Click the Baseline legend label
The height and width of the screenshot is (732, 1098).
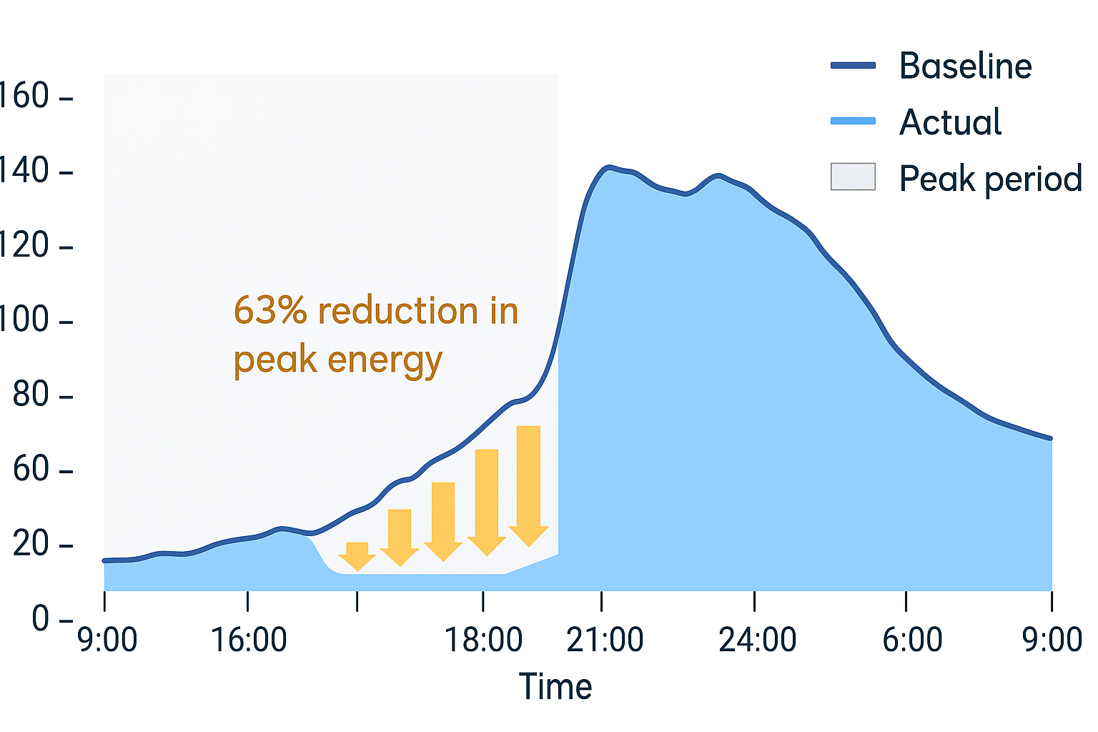(965, 66)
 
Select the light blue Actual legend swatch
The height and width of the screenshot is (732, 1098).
(853, 122)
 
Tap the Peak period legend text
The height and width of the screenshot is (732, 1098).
(990, 179)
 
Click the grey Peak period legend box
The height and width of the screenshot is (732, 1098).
(853, 177)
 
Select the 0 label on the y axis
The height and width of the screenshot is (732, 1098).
(41, 618)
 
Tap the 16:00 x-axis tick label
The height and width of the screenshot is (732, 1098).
(248, 640)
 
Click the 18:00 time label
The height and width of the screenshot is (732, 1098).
(483, 640)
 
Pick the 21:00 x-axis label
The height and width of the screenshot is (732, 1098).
(605, 640)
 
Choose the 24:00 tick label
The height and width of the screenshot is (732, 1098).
(757, 640)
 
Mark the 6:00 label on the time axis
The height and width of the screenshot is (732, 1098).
(912, 640)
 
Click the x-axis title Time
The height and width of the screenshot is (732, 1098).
(555, 687)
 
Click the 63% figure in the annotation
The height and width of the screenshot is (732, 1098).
(270, 311)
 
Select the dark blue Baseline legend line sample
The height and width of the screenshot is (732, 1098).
(853, 66)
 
